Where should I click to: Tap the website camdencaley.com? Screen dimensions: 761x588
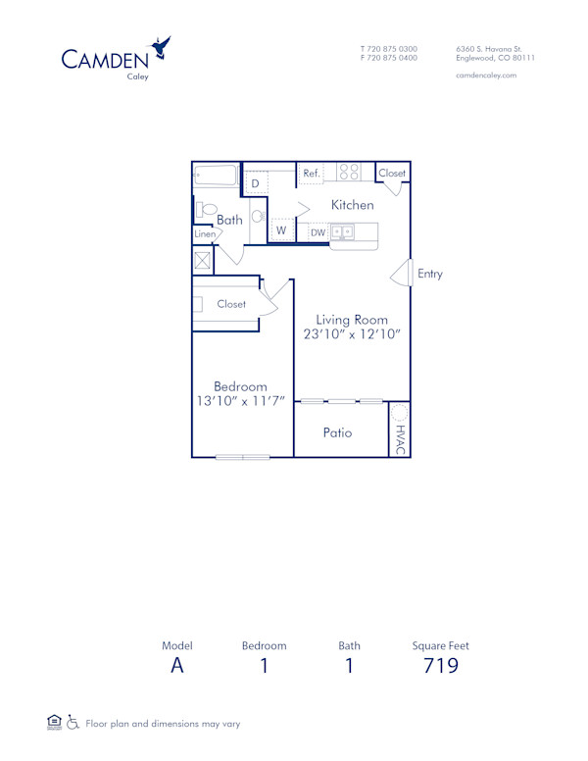tap(486, 75)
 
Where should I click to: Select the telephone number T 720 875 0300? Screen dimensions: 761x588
tap(388, 48)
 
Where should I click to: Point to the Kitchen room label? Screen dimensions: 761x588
tap(352, 205)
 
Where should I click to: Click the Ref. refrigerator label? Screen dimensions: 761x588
tap(312, 174)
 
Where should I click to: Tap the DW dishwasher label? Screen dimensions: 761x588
tap(318, 232)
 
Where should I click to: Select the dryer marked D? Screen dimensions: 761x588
tap(255, 183)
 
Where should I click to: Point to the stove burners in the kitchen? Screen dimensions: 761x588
tap(349, 172)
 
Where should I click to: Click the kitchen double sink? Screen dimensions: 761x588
tap(343, 232)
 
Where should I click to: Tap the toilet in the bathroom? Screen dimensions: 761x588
tap(206, 209)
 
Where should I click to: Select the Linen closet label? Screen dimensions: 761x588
tap(205, 234)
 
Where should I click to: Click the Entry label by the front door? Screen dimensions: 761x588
tap(430, 274)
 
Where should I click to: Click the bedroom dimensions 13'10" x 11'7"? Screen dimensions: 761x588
tap(240, 401)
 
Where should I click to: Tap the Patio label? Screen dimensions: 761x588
tap(337, 432)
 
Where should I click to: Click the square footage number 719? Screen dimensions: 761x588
tap(441, 667)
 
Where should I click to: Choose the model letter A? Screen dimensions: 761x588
tap(176, 667)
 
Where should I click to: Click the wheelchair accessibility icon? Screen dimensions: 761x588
tap(73, 723)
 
